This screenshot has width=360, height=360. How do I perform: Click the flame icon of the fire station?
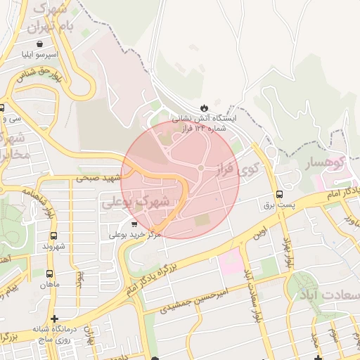pyautogui.click(x=203, y=107)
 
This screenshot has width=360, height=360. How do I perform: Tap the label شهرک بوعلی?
pyautogui.click(x=136, y=201)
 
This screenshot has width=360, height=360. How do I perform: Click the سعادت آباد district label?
pyautogui.click(x=330, y=293)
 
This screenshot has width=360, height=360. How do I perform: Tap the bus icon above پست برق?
pyautogui.click(x=280, y=194)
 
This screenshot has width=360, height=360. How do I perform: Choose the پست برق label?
pyautogui.click(x=276, y=205)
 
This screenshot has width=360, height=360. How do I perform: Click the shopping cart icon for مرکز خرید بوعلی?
pyautogui.click(x=134, y=224)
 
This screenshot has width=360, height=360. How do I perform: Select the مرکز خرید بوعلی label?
pyautogui.click(x=134, y=234)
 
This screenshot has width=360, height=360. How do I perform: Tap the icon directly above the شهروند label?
pyautogui.click(x=53, y=236)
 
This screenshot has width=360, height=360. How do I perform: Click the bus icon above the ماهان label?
pyautogui.click(x=49, y=274)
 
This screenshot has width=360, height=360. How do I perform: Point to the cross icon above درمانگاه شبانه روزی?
pyautogui.click(x=54, y=319)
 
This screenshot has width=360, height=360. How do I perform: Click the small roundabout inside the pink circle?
pyautogui.click(x=200, y=167)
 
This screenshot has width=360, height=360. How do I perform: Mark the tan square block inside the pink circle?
pyautogui.click(x=202, y=219)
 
